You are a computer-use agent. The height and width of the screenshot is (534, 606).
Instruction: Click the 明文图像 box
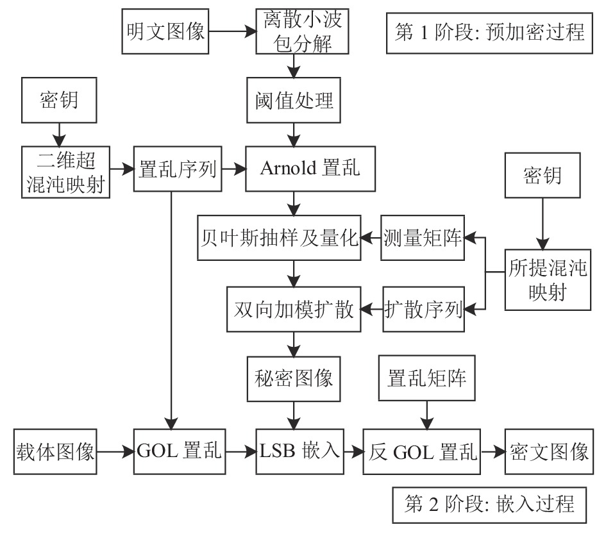(165, 31)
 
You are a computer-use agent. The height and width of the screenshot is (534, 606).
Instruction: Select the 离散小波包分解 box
(302, 31)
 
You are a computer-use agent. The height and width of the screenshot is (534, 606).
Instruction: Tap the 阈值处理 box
(294, 100)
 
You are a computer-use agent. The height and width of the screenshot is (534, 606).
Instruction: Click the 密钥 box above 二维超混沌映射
(59, 100)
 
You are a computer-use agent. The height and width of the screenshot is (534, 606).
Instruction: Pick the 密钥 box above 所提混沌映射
(543, 176)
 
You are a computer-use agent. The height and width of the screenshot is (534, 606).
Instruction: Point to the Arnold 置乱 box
(310, 169)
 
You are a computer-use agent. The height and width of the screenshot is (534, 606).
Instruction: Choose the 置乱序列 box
(178, 169)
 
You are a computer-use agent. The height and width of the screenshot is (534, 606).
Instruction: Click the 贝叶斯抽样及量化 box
(279, 238)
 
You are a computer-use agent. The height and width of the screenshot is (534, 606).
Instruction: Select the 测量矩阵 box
(423, 238)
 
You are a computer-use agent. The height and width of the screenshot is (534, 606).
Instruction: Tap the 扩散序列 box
(424, 309)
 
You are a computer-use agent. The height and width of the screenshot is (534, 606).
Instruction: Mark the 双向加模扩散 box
(294, 309)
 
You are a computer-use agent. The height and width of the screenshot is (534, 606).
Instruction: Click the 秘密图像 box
(294, 379)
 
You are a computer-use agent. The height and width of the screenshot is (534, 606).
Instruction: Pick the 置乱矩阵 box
(426, 378)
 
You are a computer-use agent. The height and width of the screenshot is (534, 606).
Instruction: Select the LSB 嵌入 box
(299, 451)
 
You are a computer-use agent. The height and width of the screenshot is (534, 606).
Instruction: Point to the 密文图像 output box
(549, 451)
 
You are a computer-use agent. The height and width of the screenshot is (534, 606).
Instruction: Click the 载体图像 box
(55, 451)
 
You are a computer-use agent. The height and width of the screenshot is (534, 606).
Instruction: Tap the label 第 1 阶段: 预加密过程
(489, 33)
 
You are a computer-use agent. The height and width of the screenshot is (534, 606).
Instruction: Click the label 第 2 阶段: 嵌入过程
(489, 505)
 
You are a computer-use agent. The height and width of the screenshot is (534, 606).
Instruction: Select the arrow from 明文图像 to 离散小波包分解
(233, 31)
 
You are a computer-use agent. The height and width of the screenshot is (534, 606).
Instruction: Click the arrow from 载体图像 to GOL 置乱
(115, 451)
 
